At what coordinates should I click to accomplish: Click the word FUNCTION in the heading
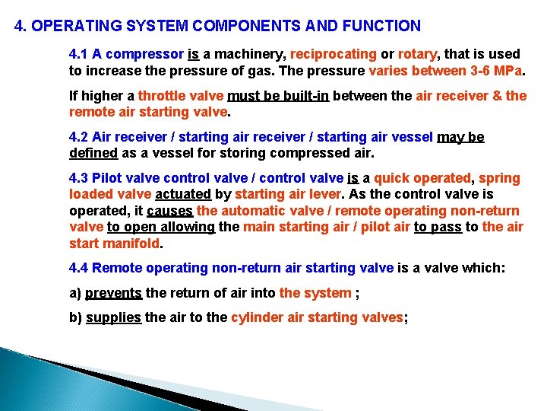(x=384, y=26)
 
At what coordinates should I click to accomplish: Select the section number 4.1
(x=79, y=54)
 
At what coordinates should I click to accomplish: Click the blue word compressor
(x=148, y=54)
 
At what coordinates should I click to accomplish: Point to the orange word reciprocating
(x=334, y=54)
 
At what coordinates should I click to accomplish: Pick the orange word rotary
(x=416, y=54)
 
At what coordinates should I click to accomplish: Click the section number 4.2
(x=79, y=137)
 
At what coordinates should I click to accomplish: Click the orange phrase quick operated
(x=422, y=178)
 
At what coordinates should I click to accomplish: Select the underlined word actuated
(x=182, y=194)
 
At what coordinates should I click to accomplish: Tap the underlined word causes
(x=170, y=211)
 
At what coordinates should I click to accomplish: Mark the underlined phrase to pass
(x=438, y=227)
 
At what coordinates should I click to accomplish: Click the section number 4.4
(x=79, y=268)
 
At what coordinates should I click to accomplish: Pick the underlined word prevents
(x=113, y=293)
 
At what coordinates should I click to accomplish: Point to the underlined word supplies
(x=113, y=318)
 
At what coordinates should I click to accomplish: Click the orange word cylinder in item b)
(x=257, y=318)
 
